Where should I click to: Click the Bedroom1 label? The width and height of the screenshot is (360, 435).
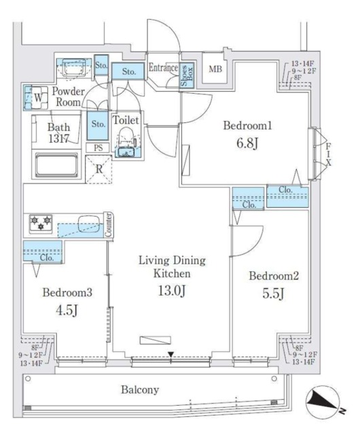point(247,126)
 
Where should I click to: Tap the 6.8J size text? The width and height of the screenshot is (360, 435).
point(247,143)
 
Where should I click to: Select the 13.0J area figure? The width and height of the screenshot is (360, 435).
point(172,290)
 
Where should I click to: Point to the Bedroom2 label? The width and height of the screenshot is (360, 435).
point(274,276)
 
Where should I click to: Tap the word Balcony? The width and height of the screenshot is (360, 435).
point(140,389)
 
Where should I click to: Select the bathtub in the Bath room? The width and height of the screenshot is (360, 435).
point(56,165)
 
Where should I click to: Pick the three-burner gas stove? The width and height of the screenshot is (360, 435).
point(41,223)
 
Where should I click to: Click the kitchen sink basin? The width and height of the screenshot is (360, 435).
point(88,224)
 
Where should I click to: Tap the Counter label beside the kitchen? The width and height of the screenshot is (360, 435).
point(109,225)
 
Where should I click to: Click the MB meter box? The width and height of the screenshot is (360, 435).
point(215,69)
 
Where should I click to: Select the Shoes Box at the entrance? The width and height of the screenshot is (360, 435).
point(187,75)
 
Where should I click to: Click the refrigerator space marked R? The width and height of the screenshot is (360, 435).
point(98,169)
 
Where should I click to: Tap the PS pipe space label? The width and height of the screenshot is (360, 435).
point(98,148)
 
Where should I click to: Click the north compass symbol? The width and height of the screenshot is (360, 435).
point(323,402)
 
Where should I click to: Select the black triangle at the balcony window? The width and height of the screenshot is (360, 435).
point(171,355)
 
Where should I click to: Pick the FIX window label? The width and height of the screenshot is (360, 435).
point(328,154)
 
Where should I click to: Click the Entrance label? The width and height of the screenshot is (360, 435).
point(164,67)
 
